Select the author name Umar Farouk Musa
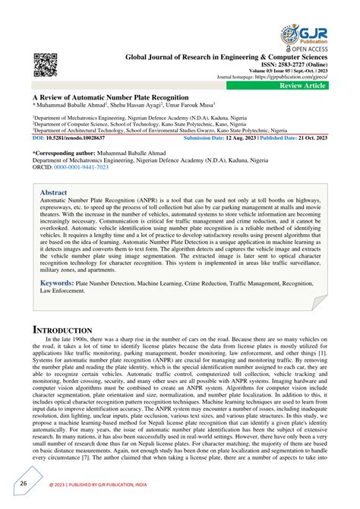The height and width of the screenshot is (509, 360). click(x=190, y=106)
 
